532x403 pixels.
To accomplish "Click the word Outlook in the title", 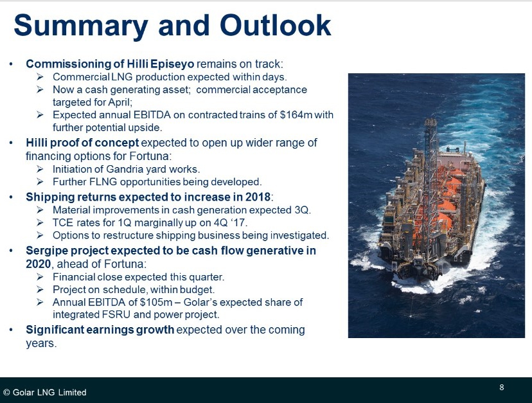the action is click(276, 26).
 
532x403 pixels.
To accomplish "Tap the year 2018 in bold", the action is click(258, 197).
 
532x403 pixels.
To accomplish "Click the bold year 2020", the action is click(39, 264).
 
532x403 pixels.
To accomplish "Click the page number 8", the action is click(502, 387).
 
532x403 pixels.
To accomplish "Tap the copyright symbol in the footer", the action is click(6, 392).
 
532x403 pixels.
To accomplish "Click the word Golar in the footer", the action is click(23, 392).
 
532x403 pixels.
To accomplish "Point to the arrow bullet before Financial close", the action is click(40, 277).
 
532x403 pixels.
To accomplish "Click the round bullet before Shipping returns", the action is click(11, 197).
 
